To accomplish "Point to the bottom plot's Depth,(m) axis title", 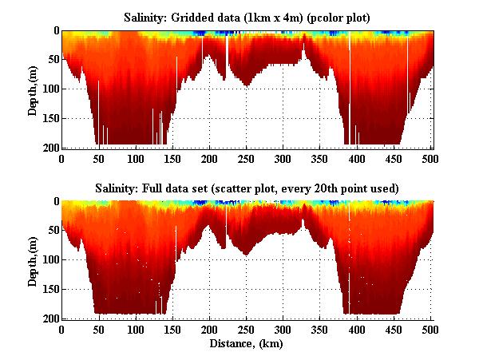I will click(34, 260).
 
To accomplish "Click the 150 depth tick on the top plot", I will click(49, 118).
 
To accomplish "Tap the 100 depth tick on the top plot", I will click(49, 89).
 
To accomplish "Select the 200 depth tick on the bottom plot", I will click(49, 318).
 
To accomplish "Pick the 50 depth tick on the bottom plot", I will click(52, 231).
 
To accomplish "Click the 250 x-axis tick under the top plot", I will click(209, 159).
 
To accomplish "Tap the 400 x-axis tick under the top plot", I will click(320, 159).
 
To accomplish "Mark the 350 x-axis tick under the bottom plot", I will click(283, 329).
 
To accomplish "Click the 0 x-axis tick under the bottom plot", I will click(61, 329).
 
